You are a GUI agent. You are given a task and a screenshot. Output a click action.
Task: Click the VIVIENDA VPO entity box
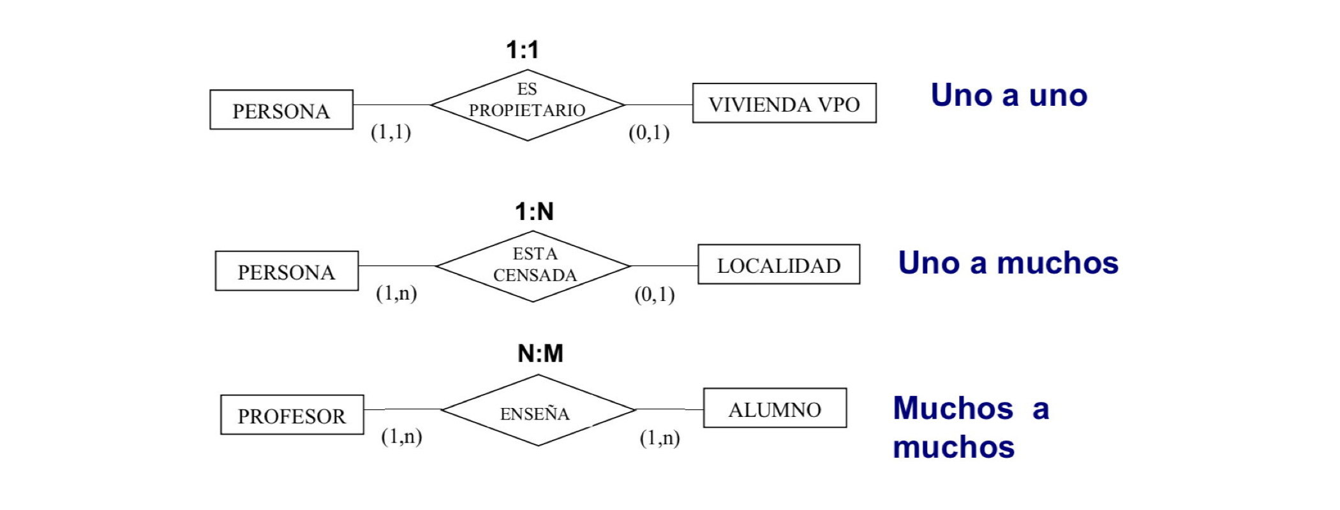point(784,103)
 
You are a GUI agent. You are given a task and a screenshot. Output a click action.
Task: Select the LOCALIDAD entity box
point(778,265)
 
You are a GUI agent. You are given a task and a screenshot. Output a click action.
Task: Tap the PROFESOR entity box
point(292,415)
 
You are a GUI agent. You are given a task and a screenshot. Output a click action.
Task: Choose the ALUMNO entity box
point(775,409)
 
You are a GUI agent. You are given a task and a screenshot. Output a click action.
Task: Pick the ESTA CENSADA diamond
point(534,266)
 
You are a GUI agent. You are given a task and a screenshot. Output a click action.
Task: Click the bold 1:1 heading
point(523,50)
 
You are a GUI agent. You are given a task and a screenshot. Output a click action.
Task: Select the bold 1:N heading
point(534,212)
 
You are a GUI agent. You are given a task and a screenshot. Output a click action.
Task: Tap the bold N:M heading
point(540,353)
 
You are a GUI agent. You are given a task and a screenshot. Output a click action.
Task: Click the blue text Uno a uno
point(1009,96)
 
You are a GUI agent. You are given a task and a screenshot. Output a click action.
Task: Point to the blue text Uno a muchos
point(1008,263)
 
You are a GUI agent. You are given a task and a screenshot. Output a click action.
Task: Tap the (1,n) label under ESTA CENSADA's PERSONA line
point(396,293)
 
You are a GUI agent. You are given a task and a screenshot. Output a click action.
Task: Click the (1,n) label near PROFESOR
point(401,437)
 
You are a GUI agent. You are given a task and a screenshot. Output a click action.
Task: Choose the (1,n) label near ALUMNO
point(660,438)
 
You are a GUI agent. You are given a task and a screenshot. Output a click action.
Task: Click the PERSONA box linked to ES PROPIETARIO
point(281,110)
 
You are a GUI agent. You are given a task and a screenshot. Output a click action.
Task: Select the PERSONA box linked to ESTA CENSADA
point(287,272)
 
